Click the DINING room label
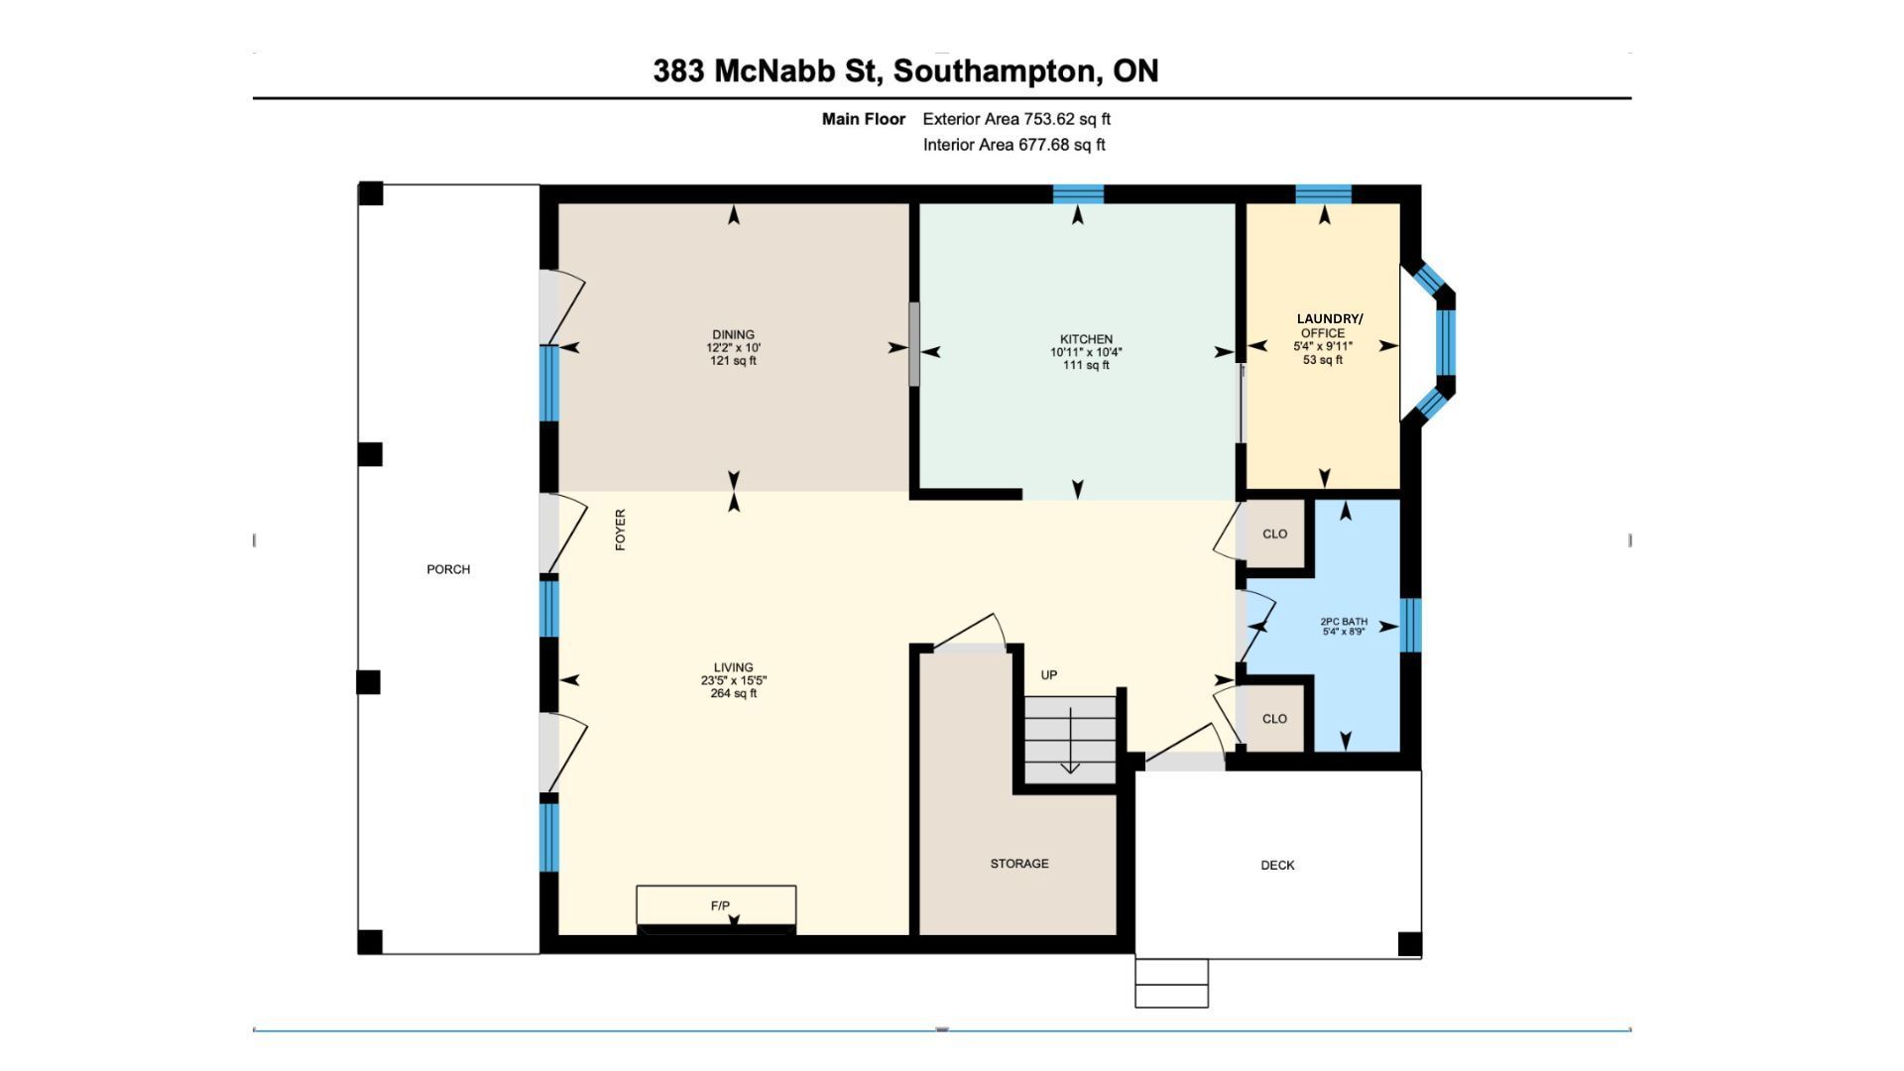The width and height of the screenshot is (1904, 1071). pos(733,335)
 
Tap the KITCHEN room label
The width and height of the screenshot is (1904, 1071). pos(1086,339)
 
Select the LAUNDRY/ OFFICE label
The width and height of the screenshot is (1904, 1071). pos(1329,325)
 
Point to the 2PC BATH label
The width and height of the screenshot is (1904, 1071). pos(1344,622)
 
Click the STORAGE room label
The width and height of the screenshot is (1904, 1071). pos(1019,864)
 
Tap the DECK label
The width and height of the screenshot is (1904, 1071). pos(1277,866)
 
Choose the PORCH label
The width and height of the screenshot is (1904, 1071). pos(448,569)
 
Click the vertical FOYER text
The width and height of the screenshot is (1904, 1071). pos(621,530)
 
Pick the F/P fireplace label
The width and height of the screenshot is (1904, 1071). pos(720,905)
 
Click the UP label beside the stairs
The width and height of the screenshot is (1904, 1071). pos(1049,675)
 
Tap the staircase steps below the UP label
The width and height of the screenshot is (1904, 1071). pos(1070,740)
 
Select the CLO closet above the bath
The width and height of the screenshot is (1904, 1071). pos(1274,534)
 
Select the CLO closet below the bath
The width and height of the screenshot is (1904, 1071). pos(1274,718)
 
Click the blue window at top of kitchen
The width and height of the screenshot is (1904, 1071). pos(1078,193)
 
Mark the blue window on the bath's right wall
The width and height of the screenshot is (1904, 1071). pos(1410,625)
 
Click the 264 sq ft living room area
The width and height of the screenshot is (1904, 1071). pos(734,694)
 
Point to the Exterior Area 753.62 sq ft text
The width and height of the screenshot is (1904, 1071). pos(1016,119)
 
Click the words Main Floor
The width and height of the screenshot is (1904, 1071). pos(864,119)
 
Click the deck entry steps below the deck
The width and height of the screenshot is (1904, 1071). pos(1171,983)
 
